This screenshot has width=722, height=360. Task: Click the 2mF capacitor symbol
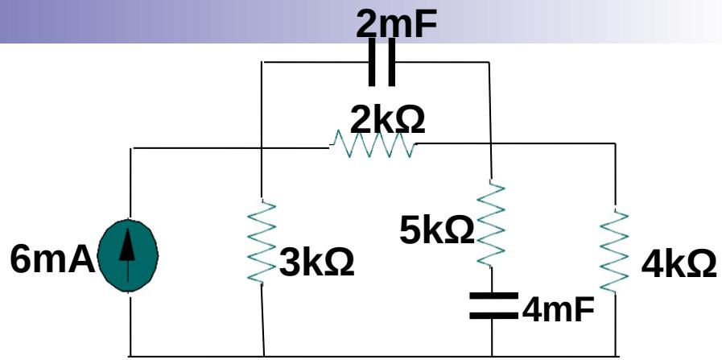click(382, 63)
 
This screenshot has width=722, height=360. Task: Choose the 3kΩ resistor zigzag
click(261, 242)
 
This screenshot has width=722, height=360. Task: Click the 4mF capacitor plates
click(491, 305)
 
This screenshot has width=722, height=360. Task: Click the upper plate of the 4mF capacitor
click(491, 297)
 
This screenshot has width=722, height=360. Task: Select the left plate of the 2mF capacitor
click(372, 63)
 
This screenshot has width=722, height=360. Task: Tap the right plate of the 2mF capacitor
click(392, 63)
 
